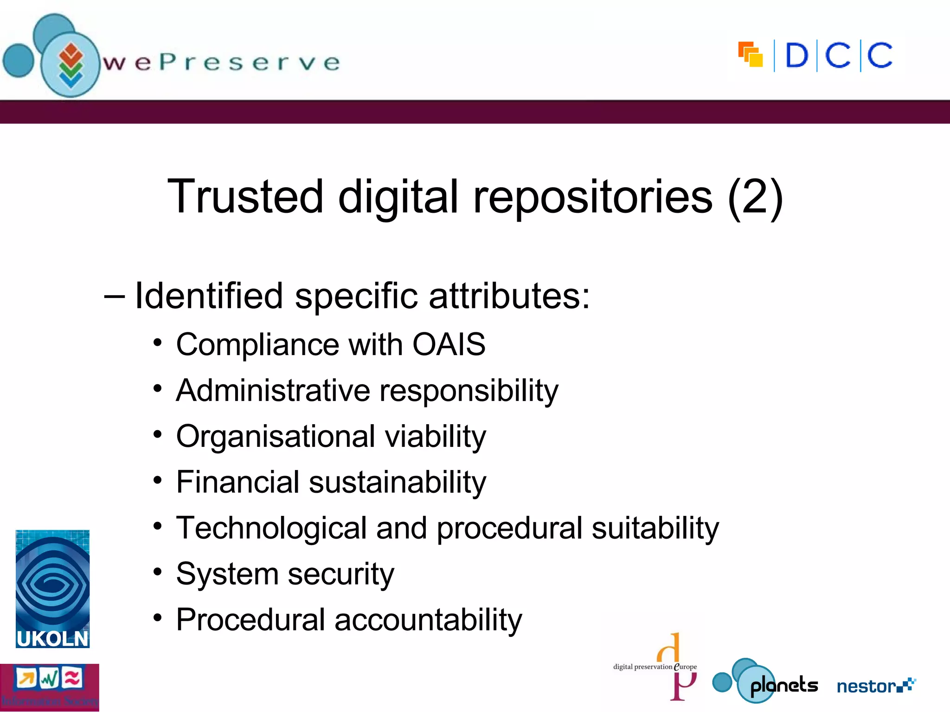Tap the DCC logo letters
point(839,56)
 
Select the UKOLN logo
point(52,589)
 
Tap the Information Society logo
point(49,687)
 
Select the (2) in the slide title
point(755,197)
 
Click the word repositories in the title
point(592,197)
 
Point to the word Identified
point(209,296)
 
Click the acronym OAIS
point(449,344)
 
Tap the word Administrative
point(273,390)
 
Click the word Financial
point(237,482)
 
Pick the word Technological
point(271,528)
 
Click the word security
point(341,574)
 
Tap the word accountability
point(428,620)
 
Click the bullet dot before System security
point(158,572)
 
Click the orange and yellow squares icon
point(751,55)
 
